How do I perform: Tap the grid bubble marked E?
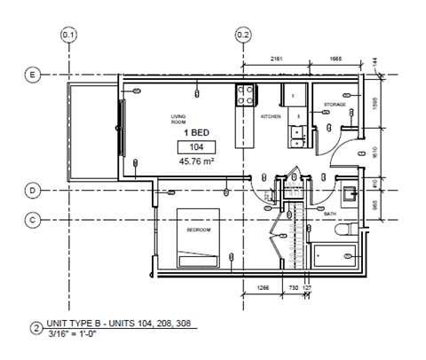click(x=33, y=75)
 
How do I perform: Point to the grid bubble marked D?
click(x=33, y=190)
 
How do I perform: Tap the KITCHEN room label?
click(x=271, y=117)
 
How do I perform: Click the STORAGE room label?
click(x=334, y=105)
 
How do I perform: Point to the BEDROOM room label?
click(x=198, y=231)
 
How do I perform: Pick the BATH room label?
click(x=330, y=214)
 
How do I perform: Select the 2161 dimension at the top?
click(x=276, y=58)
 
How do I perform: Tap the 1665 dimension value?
click(x=335, y=58)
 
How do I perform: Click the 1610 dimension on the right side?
click(x=376, y=151)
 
